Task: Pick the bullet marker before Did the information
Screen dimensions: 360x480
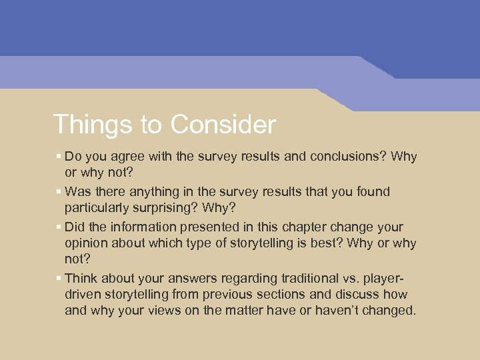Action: click(59, 227)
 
